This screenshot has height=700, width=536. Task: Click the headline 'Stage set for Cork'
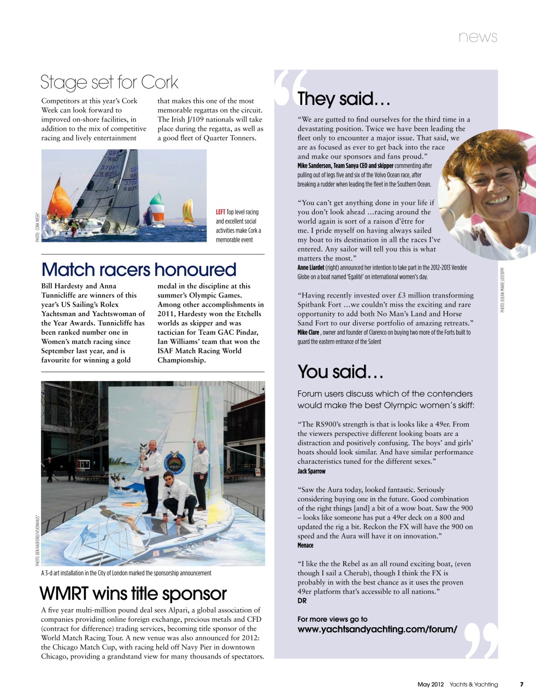[109, 83]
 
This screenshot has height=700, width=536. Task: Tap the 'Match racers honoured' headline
[139, 270]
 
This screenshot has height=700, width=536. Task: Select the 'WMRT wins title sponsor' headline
[133, 594]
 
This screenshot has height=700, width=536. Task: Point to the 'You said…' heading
[340, 372]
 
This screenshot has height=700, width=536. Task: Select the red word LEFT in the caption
[220, 212]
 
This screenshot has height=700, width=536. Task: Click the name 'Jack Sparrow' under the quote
[311, 471]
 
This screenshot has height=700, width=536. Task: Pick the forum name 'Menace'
[305, 545]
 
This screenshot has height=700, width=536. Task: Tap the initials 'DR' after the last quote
[302, 601]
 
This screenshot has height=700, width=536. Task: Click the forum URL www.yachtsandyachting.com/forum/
[377, 629]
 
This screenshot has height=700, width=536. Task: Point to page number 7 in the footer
[521, 684]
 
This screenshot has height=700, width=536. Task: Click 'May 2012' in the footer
[431, 684]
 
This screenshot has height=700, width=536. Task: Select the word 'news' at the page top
[478, 37]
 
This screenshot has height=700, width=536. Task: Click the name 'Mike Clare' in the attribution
[308, 332]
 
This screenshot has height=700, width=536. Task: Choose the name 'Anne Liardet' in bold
[310, 267]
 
